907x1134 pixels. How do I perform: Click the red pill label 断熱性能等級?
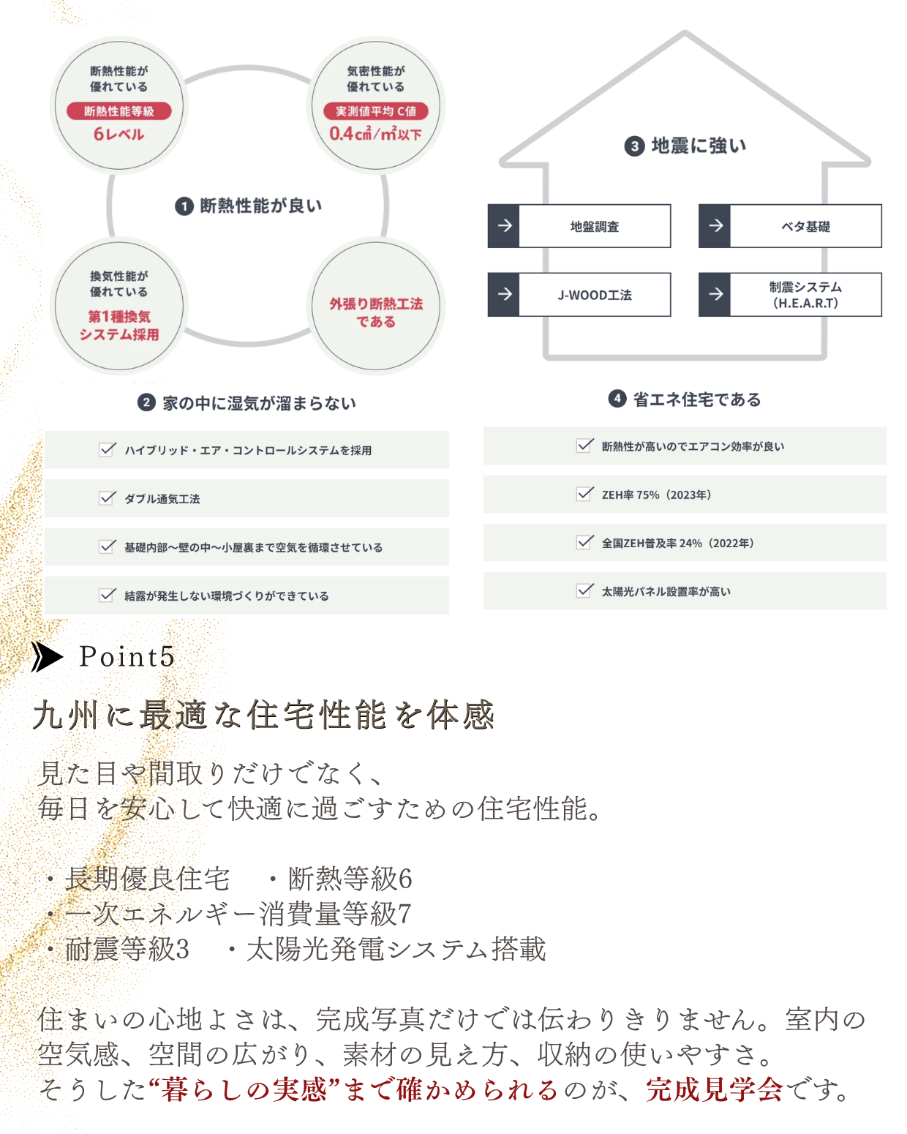(x=118, y=111)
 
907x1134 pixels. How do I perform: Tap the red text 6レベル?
(x=118, y=134)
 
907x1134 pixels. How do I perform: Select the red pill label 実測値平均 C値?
(x=375, y=111)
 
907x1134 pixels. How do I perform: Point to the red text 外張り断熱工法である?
(x=376, y=312)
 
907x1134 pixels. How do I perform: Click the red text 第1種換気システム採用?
(x=119, y=325)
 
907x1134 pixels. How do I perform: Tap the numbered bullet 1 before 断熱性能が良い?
(x=184, y=206)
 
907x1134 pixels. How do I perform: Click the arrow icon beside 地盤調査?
(x=504, y=226)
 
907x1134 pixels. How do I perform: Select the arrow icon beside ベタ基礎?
(x=715, y=226)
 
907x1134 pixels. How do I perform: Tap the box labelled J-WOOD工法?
(x=579, y=295)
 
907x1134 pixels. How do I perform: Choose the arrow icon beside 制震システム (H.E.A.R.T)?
(x=715, y=295)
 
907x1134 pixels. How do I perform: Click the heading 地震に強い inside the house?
(x=699, y=146)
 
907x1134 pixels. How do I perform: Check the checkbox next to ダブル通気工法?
(x=107, y=498)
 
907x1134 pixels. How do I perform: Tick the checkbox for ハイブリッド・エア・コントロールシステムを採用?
(x=107, y=449)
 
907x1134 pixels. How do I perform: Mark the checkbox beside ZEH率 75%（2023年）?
(x=584, y=494)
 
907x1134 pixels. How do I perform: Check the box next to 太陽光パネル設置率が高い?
(x=584, y=590)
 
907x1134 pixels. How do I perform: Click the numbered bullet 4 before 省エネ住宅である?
(x=617, y=399)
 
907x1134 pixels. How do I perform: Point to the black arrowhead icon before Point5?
(x=47, y=656)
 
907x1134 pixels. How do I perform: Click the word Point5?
(x=127, y=656)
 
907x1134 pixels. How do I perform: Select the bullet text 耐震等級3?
(x=127, y=948)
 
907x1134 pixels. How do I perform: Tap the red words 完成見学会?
(x=714, y=1089)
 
